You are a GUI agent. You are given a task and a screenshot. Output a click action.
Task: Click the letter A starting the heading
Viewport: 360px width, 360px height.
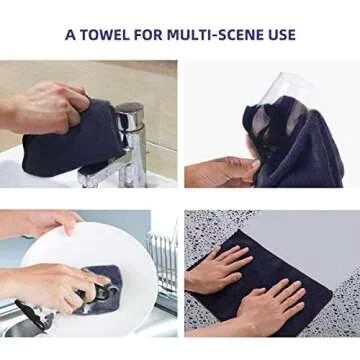pos(69,34)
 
